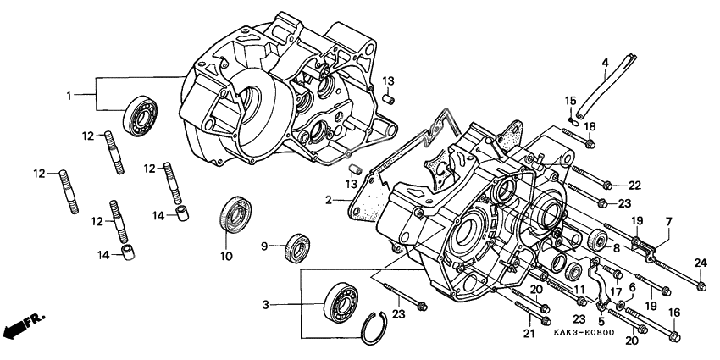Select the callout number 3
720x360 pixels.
pos(289,303)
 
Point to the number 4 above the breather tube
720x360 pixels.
pos(606,63)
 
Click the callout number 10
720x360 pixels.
pos(226,256)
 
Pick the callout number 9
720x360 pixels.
pos(263,246)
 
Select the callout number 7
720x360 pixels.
pos(667,221)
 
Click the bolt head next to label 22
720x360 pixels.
pos(609,185)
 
